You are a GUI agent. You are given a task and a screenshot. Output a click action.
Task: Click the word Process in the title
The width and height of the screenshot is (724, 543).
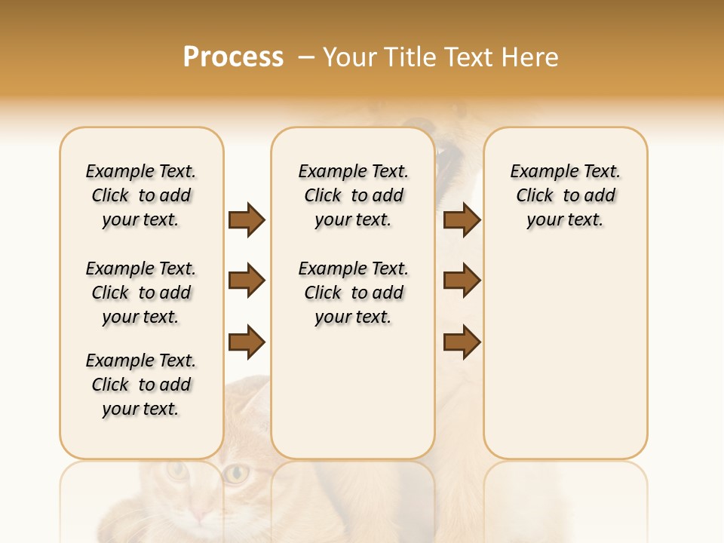(x=233, y=57)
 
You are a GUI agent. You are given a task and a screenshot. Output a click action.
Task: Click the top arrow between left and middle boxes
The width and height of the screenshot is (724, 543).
(x=247, y=219)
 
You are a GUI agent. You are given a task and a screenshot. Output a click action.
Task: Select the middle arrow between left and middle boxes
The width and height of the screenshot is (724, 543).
(x=247, y=281)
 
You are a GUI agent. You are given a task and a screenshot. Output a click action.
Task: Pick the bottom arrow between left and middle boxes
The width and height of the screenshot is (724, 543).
(x=247, y=342)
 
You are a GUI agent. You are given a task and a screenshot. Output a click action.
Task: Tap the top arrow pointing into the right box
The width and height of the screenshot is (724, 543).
(x=462, y=219)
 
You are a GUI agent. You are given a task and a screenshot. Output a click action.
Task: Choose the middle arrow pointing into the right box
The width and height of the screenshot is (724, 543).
(x=462, y=281)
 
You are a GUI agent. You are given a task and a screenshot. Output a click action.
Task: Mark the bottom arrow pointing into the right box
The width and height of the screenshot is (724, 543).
(x=462, y=342)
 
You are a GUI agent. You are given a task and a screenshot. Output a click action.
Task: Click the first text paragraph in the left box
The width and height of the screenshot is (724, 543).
(x=141, y=195)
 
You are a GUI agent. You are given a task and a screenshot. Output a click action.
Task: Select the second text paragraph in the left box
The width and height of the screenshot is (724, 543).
(x=141, y=293)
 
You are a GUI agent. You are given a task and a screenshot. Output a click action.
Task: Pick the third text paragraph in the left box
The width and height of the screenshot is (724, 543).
(x=141, y=385)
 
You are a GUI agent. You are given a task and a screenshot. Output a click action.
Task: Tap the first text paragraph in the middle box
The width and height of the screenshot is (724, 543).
(x=353, y=195)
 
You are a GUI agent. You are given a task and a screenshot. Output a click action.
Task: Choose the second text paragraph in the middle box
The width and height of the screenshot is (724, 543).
(x=353, y=293)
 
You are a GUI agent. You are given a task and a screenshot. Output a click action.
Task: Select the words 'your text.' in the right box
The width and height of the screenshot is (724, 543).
(x=565, y=220)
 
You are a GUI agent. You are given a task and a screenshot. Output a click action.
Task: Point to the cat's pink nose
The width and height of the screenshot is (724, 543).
(x=198, y=515)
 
